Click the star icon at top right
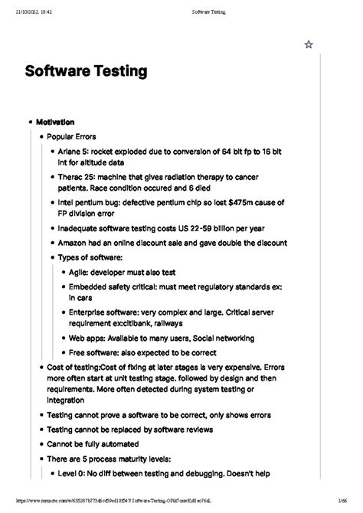click(x=309, y=45)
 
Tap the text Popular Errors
click(x=71, y=136)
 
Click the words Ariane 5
click(x=74, y=152)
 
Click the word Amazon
click(x=75, y=243)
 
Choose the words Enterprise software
click(x=106, y=312)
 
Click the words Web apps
click(x=87, y=338)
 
